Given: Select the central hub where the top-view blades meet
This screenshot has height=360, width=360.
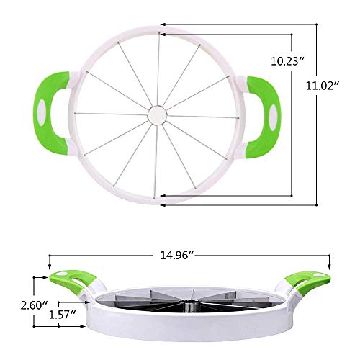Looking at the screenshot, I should click(156, 113).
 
